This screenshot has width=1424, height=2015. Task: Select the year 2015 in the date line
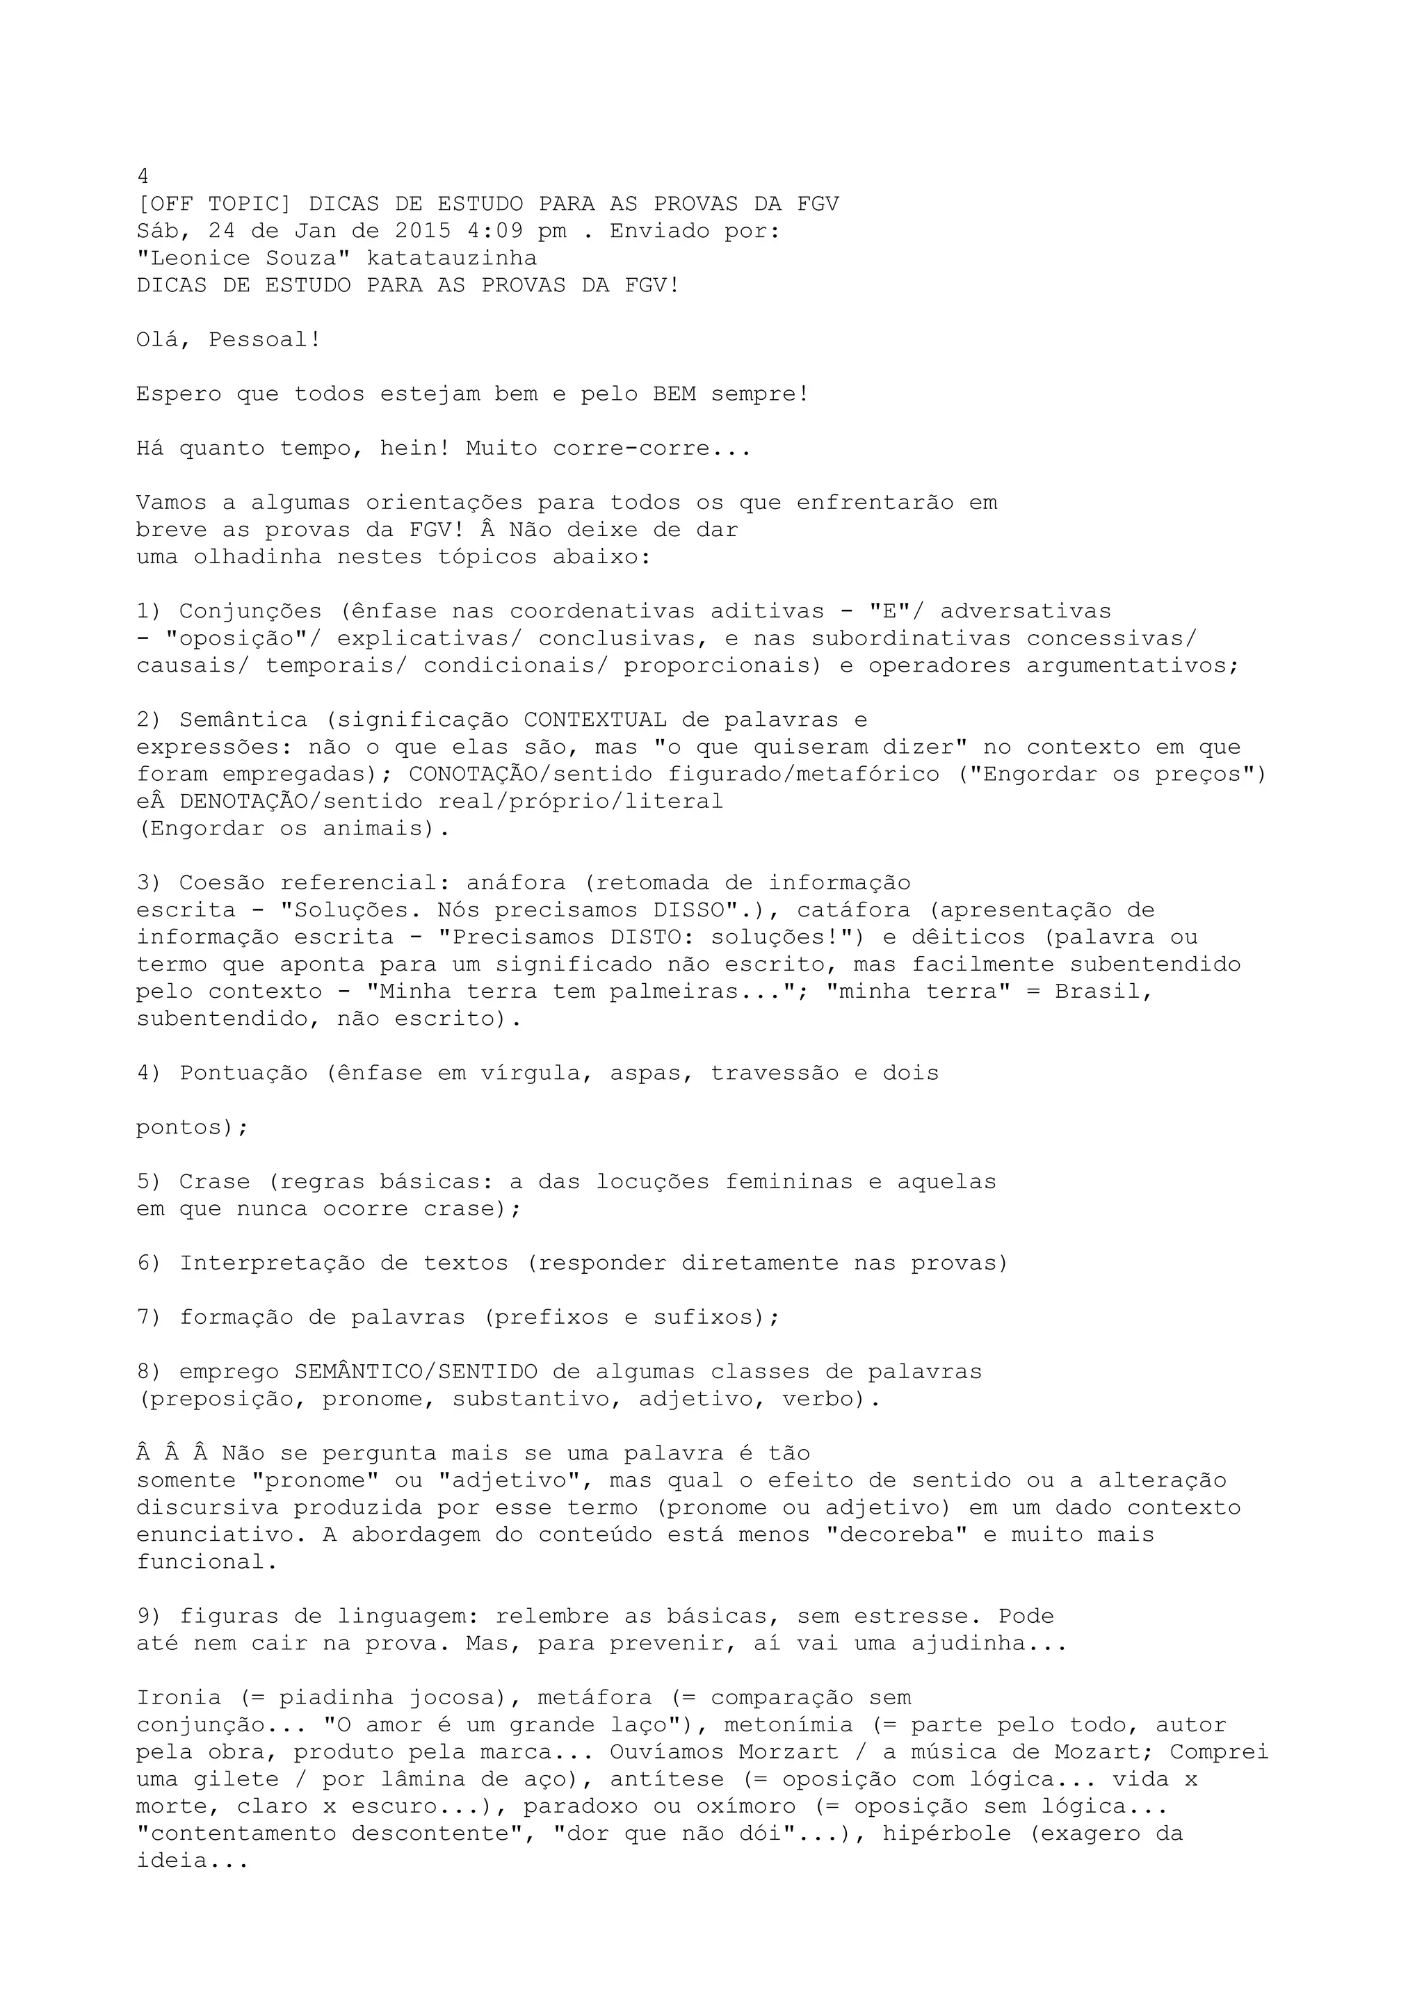coord(423,232)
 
